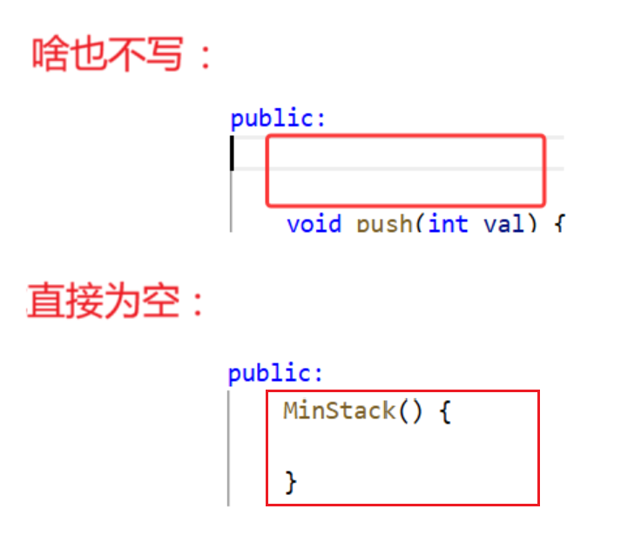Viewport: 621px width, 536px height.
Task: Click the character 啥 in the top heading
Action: pyautogui.click(x=51, y=54)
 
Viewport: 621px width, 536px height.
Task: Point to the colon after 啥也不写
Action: pyautogui.click(x=204, y=56)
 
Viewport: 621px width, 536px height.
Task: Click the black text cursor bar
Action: pyautogui.click(x=233, y=153)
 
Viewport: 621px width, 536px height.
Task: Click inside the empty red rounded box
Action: pyautogui.click(x=405, y=170)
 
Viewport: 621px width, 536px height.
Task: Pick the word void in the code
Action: pyautogui.click(x=314, y=224)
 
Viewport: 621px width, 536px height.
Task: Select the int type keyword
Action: pyautogui.click(x=448, y=224)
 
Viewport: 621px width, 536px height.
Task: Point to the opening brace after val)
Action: pyautogui.click(x=558, y=224)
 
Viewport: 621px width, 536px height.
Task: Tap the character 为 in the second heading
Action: pyautogui.click(x=130, y=302)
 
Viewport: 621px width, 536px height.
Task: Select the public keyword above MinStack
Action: pyautogui.click(x=271, y=374)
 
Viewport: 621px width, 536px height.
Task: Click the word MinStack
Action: pyautogui.click(x=339, y=411)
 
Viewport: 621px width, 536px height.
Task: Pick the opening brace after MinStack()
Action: pyautogui.click(x=444, y=411)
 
